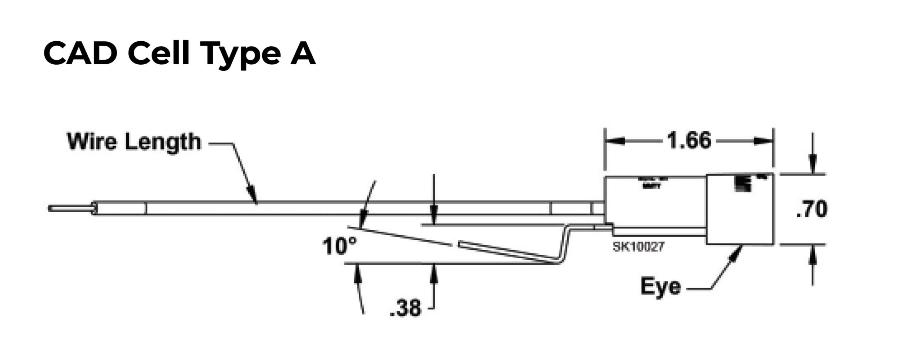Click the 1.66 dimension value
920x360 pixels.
(689, 141)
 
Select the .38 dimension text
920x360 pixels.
(405, 308)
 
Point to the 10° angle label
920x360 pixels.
(339, 246)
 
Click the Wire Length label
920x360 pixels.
(134, 142)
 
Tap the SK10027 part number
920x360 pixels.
(639, 247)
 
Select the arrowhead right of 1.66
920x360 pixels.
(763, 141)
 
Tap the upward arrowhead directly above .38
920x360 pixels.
(434, 273)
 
